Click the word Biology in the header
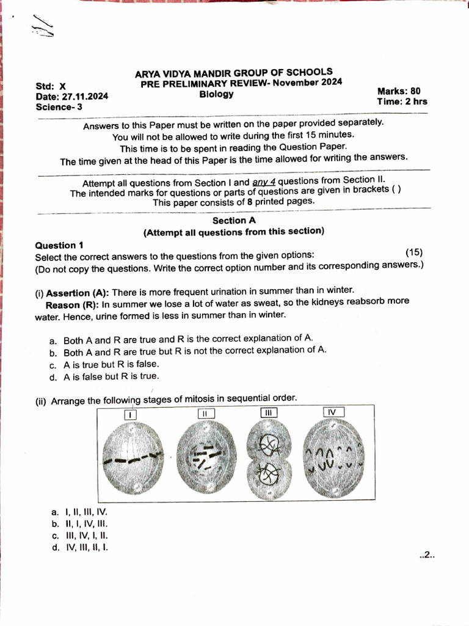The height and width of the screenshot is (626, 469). pos(216,94)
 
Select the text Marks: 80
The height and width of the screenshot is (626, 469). pos(399,91)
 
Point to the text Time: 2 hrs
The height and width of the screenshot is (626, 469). pos(402,101)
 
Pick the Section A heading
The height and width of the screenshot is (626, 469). pos(230,220)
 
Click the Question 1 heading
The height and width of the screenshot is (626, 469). pos(64,245)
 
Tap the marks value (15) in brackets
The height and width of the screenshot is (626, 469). pos(413,252)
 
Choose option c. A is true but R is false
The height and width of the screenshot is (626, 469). pos(103,364)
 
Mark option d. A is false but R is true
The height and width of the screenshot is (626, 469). pos(103,377)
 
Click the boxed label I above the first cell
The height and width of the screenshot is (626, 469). pos(130,414)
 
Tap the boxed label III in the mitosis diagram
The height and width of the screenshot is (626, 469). pos(268,413)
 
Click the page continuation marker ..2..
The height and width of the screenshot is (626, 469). pos(426,555)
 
